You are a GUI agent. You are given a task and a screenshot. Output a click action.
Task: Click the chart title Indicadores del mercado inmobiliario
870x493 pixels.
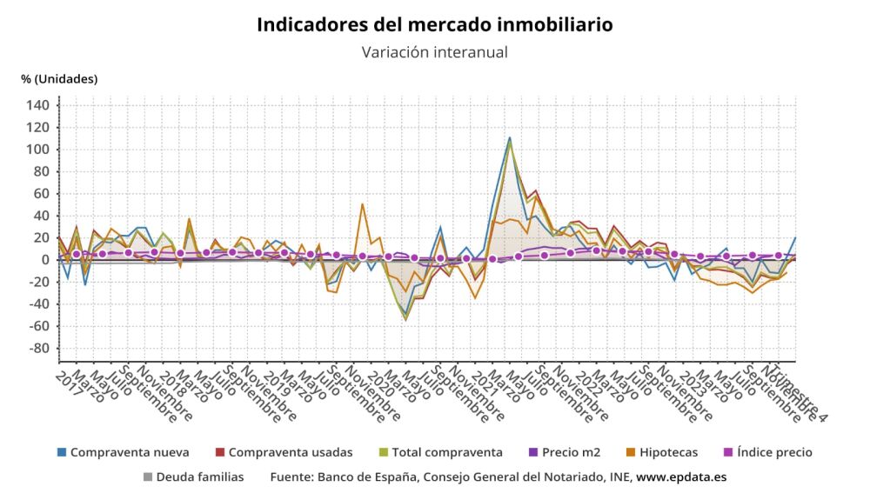click(x=434, y=24)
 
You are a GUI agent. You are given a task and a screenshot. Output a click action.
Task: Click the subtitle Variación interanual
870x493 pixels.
click(x=434, y=52)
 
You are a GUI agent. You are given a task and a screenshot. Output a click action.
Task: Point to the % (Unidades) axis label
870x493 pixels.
click(x=59, y=79)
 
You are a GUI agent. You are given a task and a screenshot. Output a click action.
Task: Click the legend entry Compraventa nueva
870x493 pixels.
click(x=122, y=452)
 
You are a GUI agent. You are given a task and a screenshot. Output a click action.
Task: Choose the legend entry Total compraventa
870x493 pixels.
click(x=439, y=452)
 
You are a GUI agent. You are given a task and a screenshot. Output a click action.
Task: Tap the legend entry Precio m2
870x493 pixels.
click(x=563, y=452)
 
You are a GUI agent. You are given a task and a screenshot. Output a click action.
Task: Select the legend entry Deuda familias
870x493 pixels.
click(x=199, y=476)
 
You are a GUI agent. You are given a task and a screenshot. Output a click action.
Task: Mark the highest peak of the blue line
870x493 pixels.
click(x=510, y=137)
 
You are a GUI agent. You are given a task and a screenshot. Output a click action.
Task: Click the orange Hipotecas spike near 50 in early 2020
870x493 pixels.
click(x=362, y=204)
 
